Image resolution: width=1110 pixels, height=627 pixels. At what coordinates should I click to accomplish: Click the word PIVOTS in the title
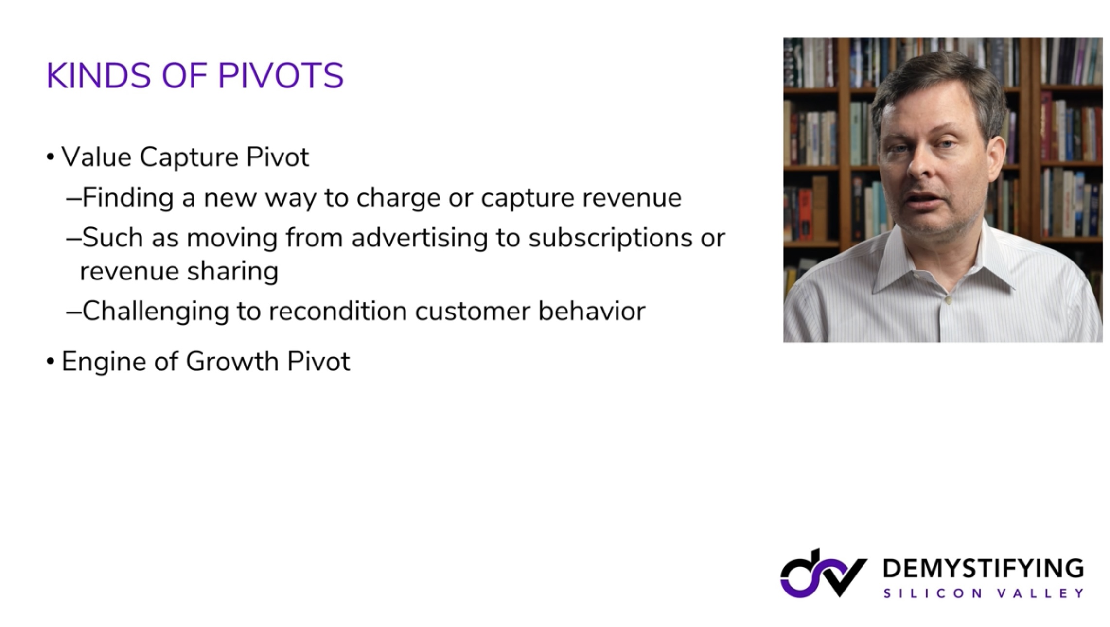point(281,76)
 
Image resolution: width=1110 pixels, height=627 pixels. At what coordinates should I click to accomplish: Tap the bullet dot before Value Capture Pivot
point(51,157)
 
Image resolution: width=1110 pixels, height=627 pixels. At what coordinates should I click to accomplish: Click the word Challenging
point(156,312)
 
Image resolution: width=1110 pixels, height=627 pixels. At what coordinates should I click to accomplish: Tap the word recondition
point(337,311)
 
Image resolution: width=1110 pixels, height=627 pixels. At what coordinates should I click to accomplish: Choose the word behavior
point(592,311)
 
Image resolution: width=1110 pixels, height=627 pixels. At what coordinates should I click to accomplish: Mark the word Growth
point(232,362)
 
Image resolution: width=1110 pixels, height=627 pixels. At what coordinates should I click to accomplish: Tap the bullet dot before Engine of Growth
point(51,362)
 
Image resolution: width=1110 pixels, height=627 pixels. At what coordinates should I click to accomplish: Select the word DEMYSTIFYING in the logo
point(983,568)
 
